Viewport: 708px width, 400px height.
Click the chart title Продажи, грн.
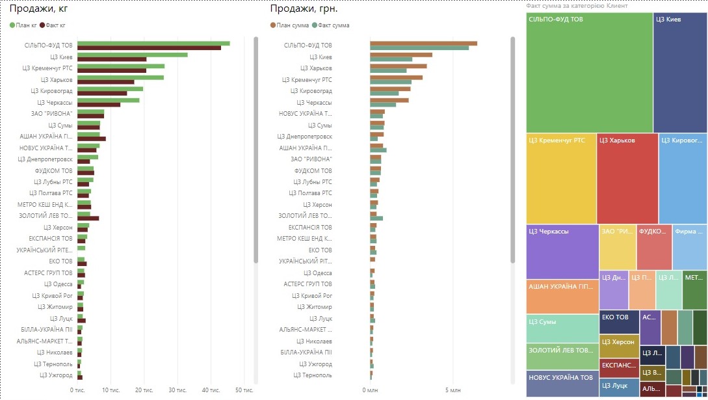pyautogui.click(x=304, y=9)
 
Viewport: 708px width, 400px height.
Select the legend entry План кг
pyautogui.click(x=24, y=25)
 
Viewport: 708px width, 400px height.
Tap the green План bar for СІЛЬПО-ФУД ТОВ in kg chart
pyautogui.click(x=153, y=44)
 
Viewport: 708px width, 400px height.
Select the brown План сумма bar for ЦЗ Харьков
pyautogui.click(x=399, y=66)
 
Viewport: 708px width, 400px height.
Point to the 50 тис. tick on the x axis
pyautogui.click(x=243, y=390)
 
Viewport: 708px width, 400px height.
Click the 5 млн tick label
pyautogui.click(x=453, y=390)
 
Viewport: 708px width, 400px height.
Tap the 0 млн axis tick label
pyautogui.click(x=370, y=390)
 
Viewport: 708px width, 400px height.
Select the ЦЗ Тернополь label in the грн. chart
pyautogui.click(x=313, y=375)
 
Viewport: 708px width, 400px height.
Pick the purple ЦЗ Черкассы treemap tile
pyautogui.click(x=562, y=251)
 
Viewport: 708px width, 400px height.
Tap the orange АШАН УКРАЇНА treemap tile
pyautogui.click(x=562, y=296)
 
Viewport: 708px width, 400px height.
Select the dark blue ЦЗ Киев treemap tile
pyautogui.click(x=679, y=72)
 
